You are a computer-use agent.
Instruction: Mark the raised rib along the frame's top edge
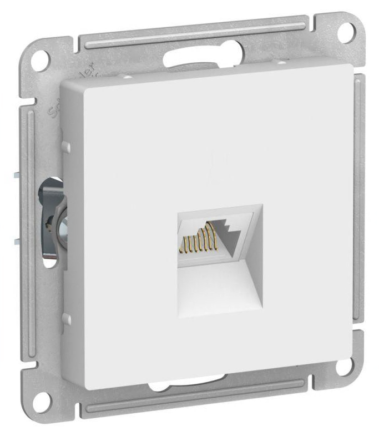(x=194, y=33)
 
